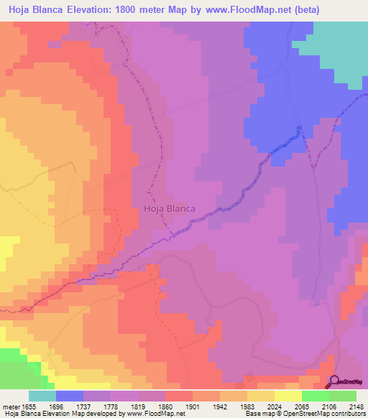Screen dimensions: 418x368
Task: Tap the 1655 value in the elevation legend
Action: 29,406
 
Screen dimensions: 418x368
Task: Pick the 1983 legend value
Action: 254,406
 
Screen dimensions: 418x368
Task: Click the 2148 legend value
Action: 358,406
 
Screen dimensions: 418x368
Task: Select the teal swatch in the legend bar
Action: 42,396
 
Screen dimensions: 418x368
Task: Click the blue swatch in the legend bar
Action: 70,396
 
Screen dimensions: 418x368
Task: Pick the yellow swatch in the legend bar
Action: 287,396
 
